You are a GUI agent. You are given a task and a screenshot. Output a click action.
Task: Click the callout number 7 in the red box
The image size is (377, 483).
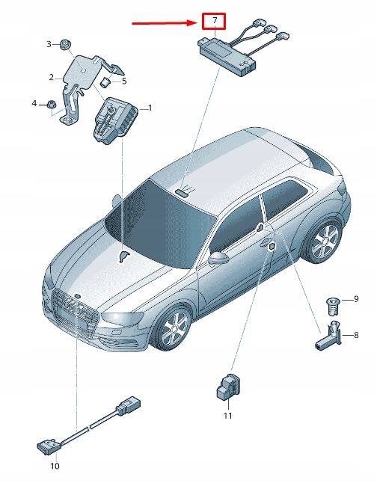pyautogui.click(x=215, y=20)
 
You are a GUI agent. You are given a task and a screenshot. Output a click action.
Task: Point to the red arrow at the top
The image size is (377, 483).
pyautogui.click(x=165, y=23)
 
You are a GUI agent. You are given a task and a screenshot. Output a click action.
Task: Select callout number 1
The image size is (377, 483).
pyautogui.click(x=150, y=108)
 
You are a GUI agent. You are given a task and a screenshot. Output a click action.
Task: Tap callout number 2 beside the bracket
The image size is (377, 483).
pyautogui.click(x=52, y=77)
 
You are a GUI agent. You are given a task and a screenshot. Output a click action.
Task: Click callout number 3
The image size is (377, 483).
pyautogui.click(x=124, y=81)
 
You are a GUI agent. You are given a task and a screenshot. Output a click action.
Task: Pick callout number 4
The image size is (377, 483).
pyautogui.click(x=34, y=102)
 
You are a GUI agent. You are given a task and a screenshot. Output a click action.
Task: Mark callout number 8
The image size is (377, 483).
pyautogui.click(x=356, y=334)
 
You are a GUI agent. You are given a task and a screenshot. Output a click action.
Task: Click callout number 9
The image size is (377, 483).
pyautogui.click(x=356, y=299)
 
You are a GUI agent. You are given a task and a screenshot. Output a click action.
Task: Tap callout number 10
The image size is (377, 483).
pyautogui.click(x=54, y=466)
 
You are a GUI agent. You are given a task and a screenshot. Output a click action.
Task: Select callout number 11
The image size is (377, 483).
pyautogui.click(x=228, y=415)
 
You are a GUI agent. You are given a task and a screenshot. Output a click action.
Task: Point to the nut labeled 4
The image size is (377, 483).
pyautogui.click(x=52, y=104)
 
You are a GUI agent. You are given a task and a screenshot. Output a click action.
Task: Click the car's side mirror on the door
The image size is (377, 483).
pyautogui.click(x=218, y=259)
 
